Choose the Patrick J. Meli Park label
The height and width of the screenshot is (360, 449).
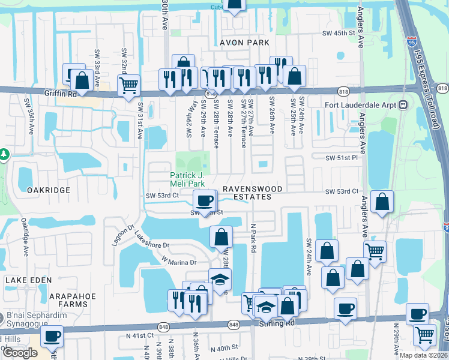point(187,179)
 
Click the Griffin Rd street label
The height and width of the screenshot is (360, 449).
point(61,94)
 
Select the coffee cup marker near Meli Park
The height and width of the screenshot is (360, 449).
point(205,200)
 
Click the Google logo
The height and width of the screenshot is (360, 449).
point(20,353)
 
